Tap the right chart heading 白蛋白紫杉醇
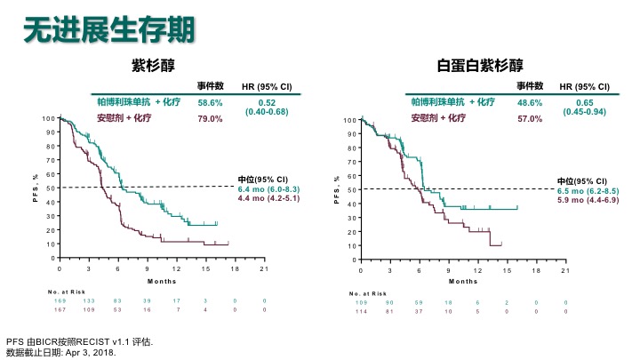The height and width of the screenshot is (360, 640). point(479,65)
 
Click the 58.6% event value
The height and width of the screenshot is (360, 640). point(210,103)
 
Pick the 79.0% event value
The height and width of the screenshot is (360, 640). point(210,117)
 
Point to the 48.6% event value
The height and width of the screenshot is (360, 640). point(530,103)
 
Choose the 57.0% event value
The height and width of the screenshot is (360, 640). point(530,118)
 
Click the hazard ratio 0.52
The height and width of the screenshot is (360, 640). point(268,102)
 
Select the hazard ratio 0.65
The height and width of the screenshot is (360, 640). point(584,102)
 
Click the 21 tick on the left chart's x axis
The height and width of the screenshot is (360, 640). point(264,268)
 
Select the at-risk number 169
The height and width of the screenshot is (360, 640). point(60,301)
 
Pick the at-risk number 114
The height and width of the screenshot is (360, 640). point(361,311)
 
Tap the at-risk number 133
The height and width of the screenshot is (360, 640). point(90,301)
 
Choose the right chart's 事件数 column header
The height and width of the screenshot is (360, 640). point(531,86)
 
